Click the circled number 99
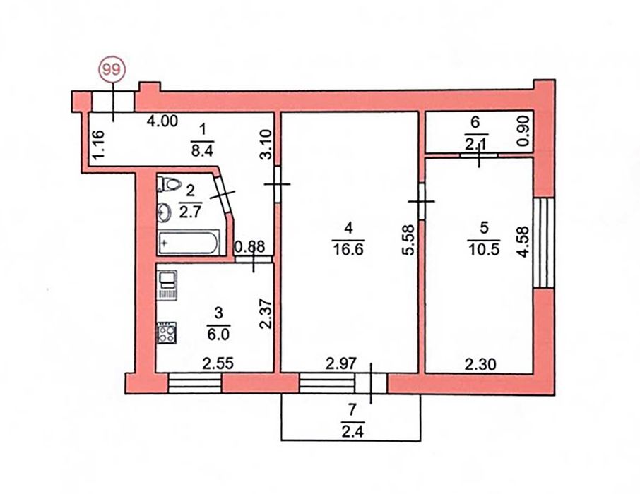tap(112, 70)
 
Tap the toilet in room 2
tap(168, 184)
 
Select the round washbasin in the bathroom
tap(165, 212)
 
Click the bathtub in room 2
tap(189, 243)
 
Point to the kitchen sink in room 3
tap(167, 285)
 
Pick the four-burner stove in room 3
tap(167, 332)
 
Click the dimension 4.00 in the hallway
tap(162, 121)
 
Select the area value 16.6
tap(348, 249)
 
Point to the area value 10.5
tap(484, 249)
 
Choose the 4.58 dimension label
tap(523, 241)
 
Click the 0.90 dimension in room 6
tap(523, 131)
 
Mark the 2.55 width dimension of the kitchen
tap(218, 363)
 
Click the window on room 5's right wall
tap(544, 243)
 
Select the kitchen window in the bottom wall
tap(194, 383)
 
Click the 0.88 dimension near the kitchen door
tap(250, 246)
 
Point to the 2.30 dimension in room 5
tap(480, 364)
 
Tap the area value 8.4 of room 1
tap(203, 150)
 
